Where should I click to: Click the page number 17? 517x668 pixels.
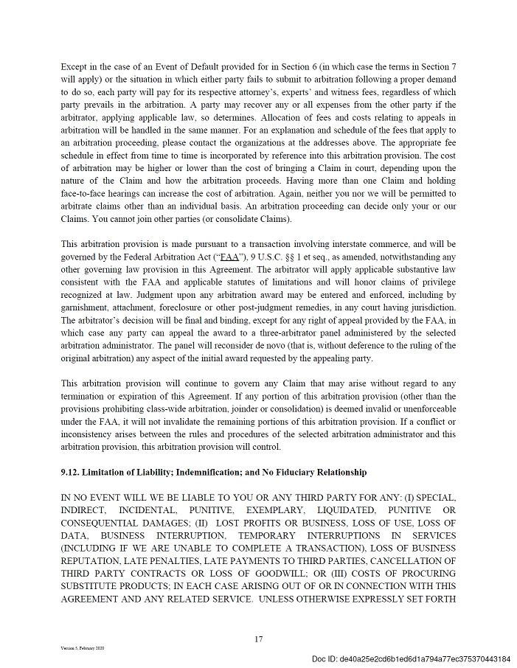(x=258, y=639)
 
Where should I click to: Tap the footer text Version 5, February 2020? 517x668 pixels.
(x=83, y=648)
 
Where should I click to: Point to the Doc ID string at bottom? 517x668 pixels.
(x=411, y=658)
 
